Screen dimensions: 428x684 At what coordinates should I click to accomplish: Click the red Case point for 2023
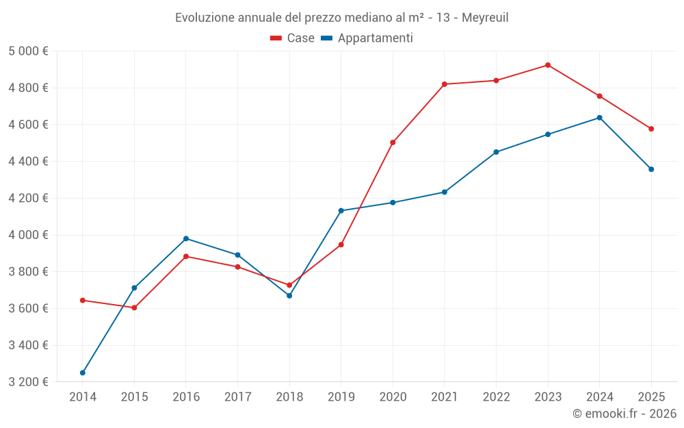click(548, 65)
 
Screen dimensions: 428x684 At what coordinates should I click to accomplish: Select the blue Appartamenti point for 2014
click(83, 373)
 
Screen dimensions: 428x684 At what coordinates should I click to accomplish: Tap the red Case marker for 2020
click(393, 142)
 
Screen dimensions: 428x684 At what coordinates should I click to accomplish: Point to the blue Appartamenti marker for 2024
click(600, 118)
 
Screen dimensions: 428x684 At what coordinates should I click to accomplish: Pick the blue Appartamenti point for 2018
click(289, 296)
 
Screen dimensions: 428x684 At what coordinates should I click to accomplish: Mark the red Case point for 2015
click(134, 308)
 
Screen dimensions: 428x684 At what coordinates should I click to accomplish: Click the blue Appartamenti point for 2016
click(186, 238)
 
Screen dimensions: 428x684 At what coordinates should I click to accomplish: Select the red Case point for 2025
click(651, 129)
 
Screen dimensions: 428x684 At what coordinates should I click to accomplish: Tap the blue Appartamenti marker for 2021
click(445, 192)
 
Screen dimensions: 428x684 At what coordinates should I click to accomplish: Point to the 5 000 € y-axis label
click(28, 51)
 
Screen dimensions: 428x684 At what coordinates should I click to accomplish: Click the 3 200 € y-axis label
click(28, 382)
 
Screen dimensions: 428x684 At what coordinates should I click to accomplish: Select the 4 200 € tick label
click(28, 198)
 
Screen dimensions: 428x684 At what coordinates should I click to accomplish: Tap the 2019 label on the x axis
click(341, 396)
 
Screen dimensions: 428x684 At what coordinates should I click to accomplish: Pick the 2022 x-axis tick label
click(496, 396)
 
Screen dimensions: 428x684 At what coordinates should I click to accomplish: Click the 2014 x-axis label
click(83, 396)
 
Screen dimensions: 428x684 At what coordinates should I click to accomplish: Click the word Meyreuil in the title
click(485, 17)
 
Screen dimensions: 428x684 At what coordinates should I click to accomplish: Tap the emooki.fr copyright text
click(624, 414)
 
